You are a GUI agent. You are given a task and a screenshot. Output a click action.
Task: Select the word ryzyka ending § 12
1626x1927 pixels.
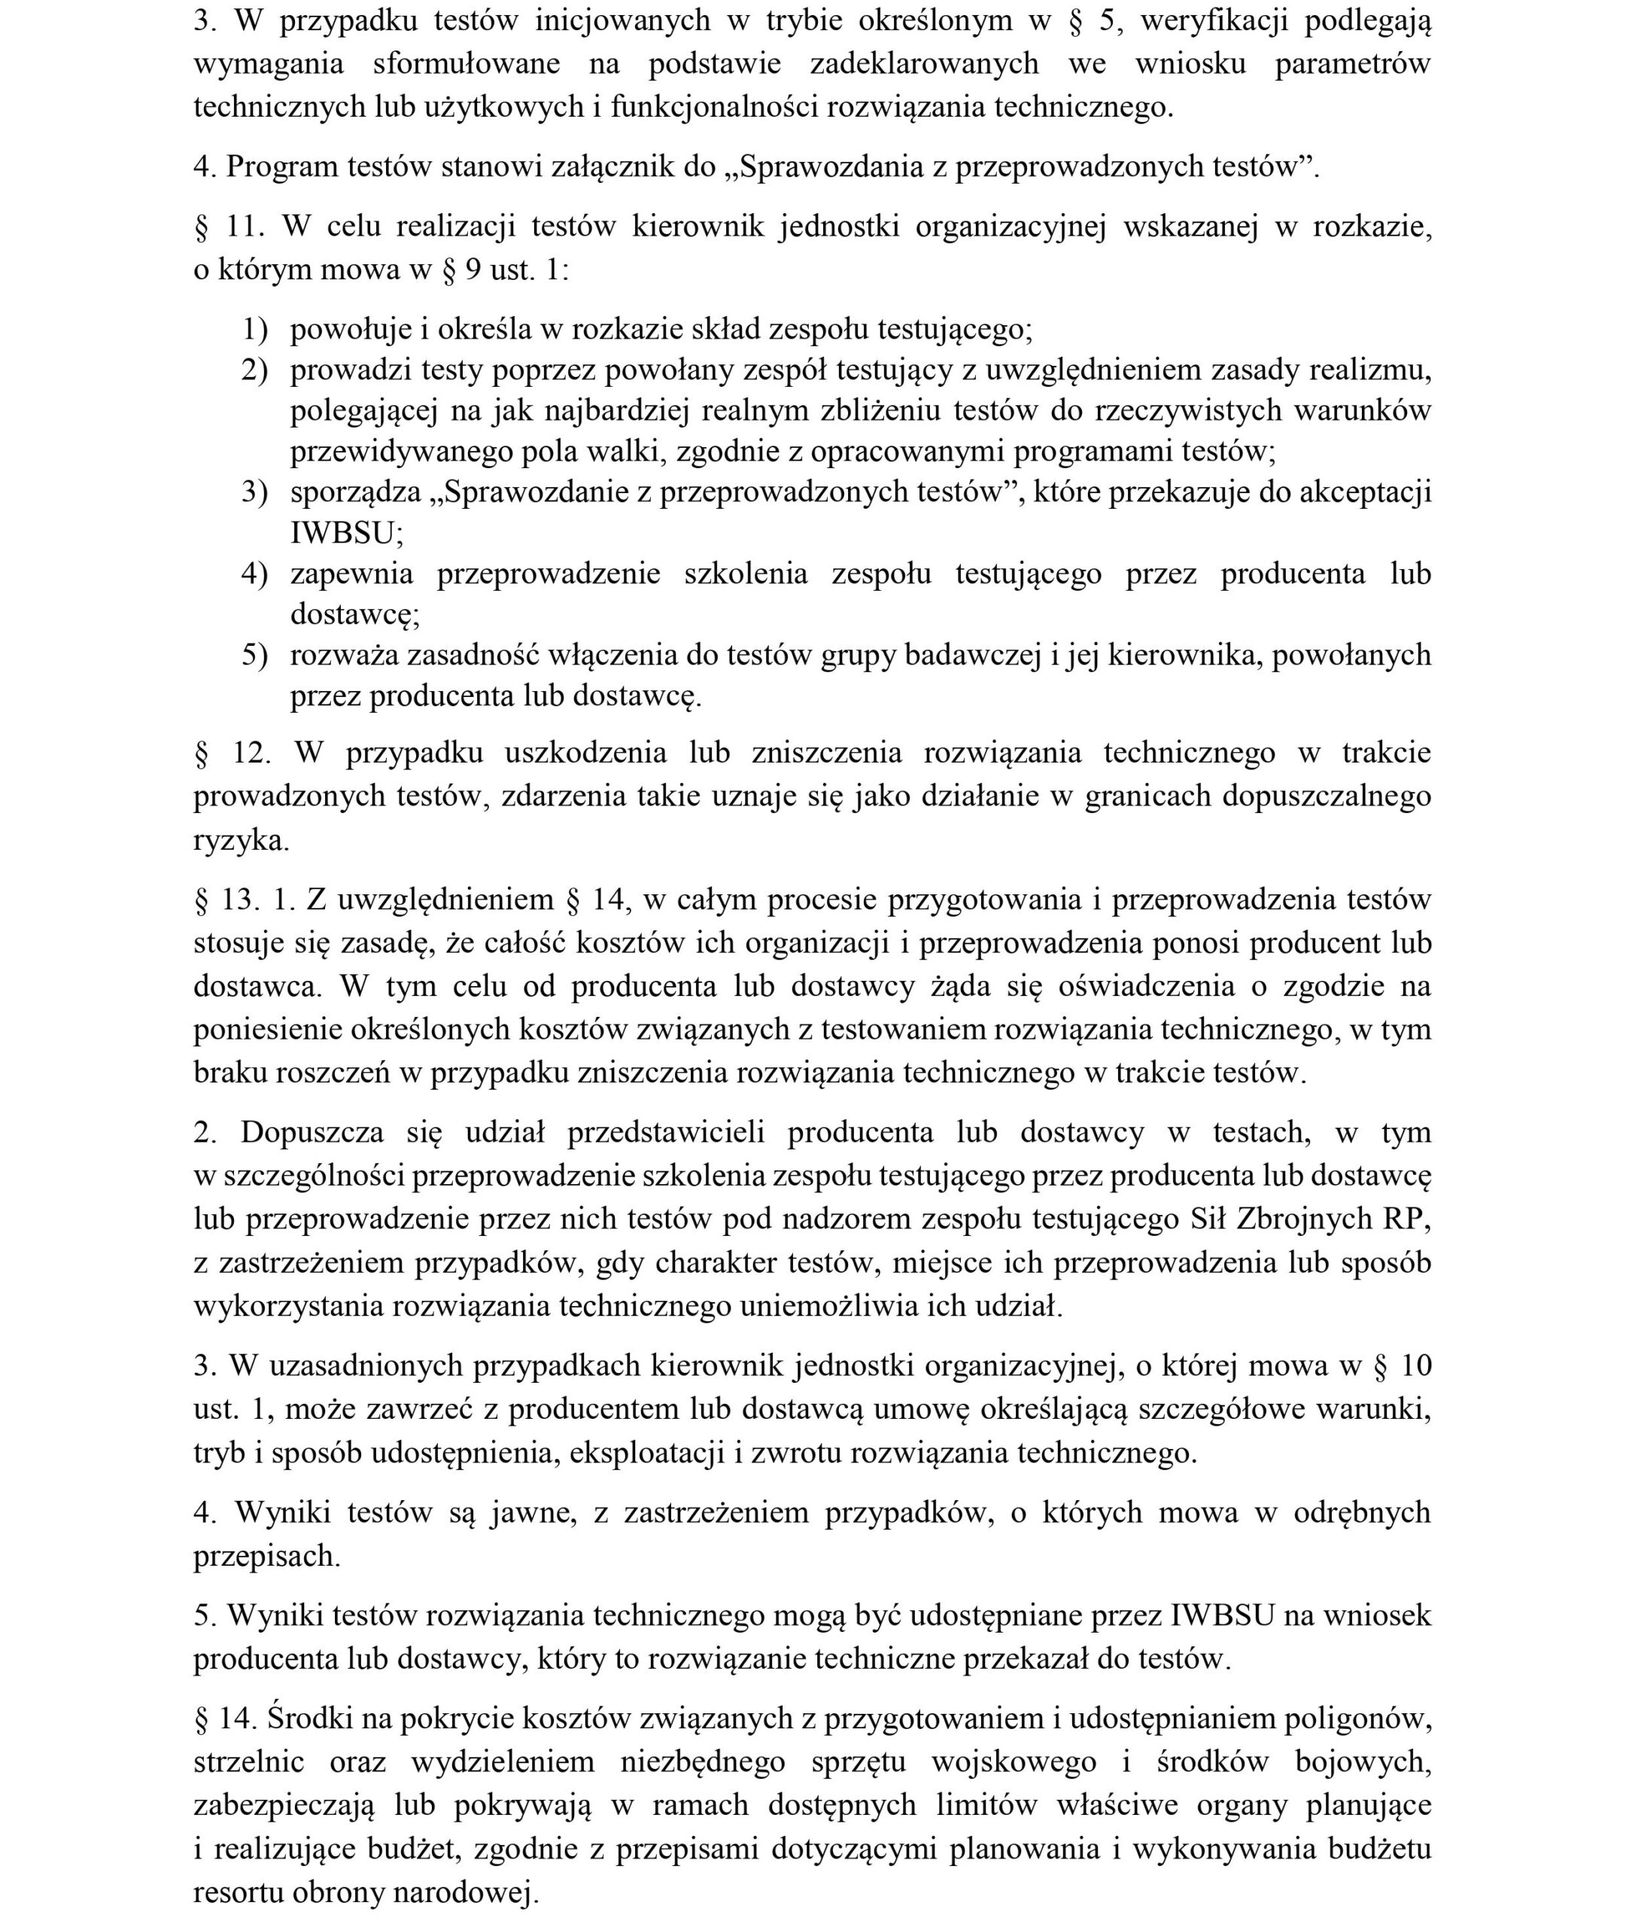[x=241, y=840]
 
